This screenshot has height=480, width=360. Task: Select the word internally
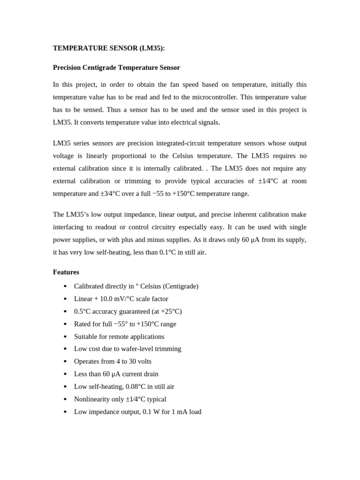(162, 168)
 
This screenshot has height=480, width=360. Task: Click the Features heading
(66, 272)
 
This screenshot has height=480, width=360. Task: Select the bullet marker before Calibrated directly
(65, 286)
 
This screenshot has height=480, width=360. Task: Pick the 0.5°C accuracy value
(84, 311)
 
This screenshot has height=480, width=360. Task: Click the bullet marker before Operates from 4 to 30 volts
(65, 362)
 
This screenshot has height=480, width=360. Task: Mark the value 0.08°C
(136, 387)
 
